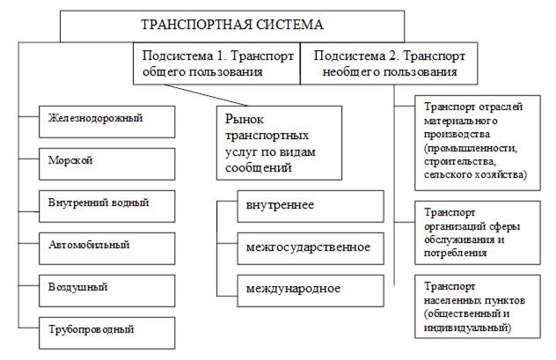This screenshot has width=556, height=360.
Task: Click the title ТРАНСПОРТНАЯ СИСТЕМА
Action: click(x=232, y=25)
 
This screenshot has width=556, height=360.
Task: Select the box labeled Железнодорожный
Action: click(x=107, y=121)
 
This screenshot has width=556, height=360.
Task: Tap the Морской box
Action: click(x=107, y=164)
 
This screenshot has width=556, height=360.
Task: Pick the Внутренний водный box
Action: click(x=107, y=206)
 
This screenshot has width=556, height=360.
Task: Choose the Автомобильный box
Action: click(x=107, y=248)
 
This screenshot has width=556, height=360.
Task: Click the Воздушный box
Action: click(x=107, y=290)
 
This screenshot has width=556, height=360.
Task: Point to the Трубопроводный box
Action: click(x=107, y=333)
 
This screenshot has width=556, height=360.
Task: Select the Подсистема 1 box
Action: click(x=216, y=63)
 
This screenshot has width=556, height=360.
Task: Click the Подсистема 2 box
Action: click(x=389, y=63)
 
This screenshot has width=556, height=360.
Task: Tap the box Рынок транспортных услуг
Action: click(x=280, y=143)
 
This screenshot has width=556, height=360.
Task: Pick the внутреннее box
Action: click(x=311, y=206)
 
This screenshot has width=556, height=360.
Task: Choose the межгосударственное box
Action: click(x=311, y=248)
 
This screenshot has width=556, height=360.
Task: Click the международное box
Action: click(x=311, y=290)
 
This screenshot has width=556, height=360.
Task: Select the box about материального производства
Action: click(x=478, y=143)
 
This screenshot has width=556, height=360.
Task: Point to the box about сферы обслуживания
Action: click(x=478, y=232)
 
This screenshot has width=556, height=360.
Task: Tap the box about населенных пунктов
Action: click(x=478, y=306)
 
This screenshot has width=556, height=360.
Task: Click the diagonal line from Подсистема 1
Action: click(x=207, y=95)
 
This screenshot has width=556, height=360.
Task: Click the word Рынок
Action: click(x=245, y=119)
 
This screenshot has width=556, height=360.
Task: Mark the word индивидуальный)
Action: click(x=468, y=327)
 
